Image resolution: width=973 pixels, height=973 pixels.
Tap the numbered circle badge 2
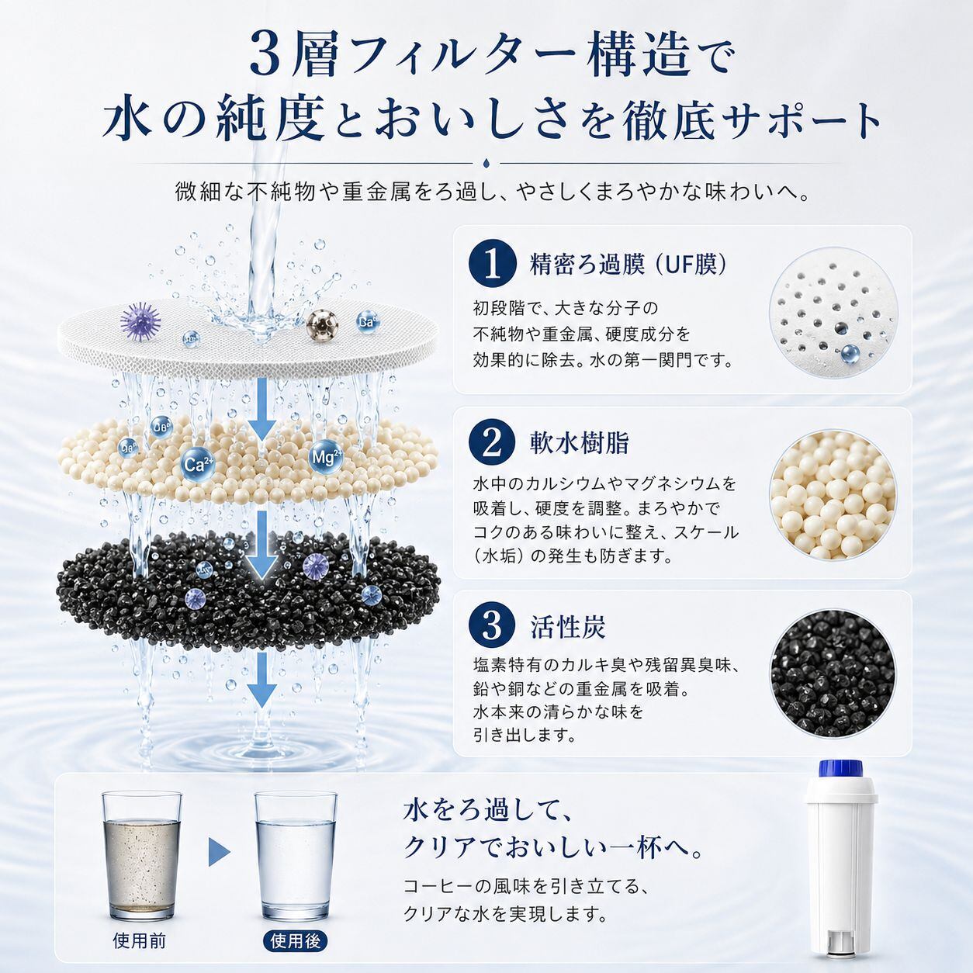click(x=493, y=443)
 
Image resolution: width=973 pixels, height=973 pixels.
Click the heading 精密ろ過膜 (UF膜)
click(x=628, y=264)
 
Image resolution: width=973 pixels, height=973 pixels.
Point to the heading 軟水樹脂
click(x=580, y=443)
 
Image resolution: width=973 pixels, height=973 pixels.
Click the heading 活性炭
click(x=567, y=627)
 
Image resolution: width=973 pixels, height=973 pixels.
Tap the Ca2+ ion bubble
click(x=198, y=464)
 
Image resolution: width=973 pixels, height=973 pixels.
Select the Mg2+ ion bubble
click(x=326, y=457)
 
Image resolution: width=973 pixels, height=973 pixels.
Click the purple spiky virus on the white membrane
click(x=141, y=320)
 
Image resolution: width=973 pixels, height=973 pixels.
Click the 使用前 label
click(x=139, y=940)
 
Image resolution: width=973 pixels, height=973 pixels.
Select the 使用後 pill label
click(x=296, y=940)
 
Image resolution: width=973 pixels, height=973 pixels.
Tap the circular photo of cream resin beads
click(x=833, y=495)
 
